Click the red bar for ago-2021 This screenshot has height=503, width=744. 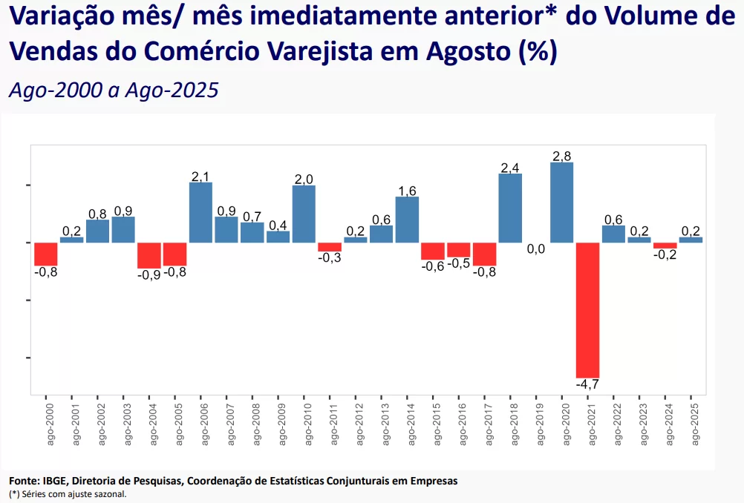[587, 310]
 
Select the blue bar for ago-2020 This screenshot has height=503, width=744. [562, 203]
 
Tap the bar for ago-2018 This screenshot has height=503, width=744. [510, 208]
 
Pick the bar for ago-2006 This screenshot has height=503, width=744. [200, 213]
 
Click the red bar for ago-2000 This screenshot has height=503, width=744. [46, 254]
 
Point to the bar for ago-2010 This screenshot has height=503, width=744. [304, 214]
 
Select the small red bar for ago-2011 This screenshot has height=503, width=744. [330, 247]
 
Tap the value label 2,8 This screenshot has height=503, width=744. [562, 156]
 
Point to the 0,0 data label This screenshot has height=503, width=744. [536, 249]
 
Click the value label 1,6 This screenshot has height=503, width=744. [407, 191]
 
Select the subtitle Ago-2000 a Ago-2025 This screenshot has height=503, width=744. [114, 90]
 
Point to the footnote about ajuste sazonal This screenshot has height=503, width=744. [68, 493]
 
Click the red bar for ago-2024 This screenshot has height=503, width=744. [665, 246]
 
